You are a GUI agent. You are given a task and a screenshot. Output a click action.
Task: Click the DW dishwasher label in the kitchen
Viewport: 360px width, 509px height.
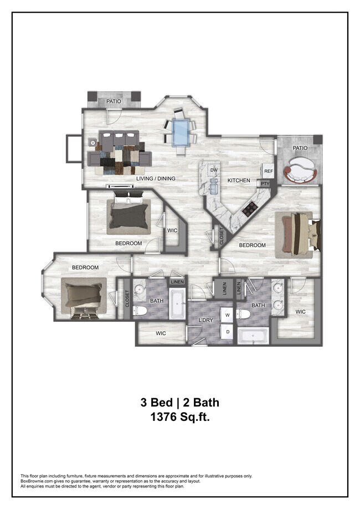pyautogui.click(x=214, y=170)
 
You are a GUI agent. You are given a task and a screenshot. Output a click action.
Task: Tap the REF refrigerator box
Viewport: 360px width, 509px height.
pyautogui.click(x=268, y=172)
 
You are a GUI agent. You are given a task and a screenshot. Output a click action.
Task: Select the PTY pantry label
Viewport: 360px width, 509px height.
pyautogui.click(x=265, y=183)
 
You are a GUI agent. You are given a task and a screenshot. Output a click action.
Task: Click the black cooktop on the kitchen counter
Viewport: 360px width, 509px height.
pyautogui.click(x=249, y=208)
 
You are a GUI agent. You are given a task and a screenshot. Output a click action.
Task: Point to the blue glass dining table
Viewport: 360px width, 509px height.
pyautogui.click(x=181, y=132)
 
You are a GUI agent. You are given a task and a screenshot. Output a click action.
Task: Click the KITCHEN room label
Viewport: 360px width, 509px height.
pyautogui.click(x=239, y=181)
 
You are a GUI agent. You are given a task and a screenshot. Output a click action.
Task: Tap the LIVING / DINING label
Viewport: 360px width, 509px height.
pyautogui.click(x=156, y=178)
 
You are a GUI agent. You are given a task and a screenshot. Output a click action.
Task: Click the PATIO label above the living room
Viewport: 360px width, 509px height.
pyautogui.click(x=114, y=101)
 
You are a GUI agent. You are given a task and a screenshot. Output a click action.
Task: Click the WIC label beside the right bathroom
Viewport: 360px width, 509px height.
pyautogui.click(x=300, y=312)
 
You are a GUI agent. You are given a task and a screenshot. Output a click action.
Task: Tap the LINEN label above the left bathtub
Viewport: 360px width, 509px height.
pyautogui.click(x=177, y=282)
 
